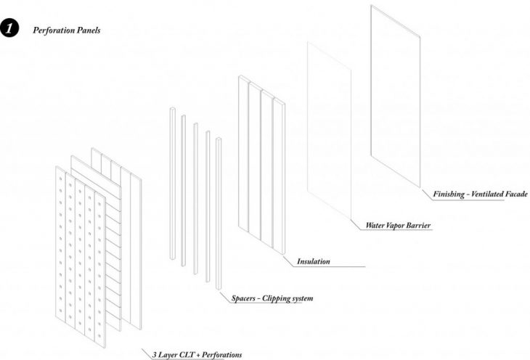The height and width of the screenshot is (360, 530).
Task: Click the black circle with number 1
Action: click(x=10, y=31)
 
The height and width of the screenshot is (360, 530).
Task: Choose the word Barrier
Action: click(x=425, y=226)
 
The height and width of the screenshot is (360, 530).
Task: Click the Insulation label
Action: click(x=313, y=261)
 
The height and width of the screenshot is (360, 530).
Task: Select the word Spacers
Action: click(x=245, y=298)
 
